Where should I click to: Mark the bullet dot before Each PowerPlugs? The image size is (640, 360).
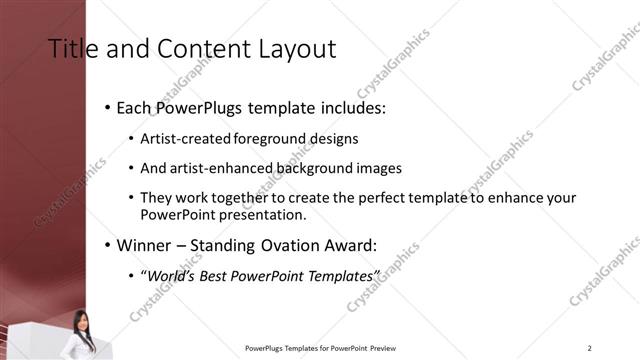coord(108,108)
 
